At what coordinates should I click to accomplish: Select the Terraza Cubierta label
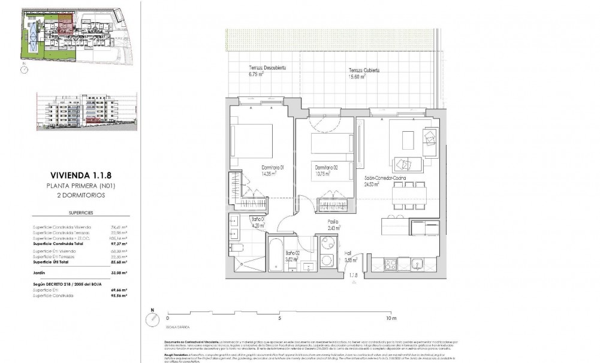(364, 70)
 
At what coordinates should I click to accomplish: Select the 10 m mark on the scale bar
(392, 318)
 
